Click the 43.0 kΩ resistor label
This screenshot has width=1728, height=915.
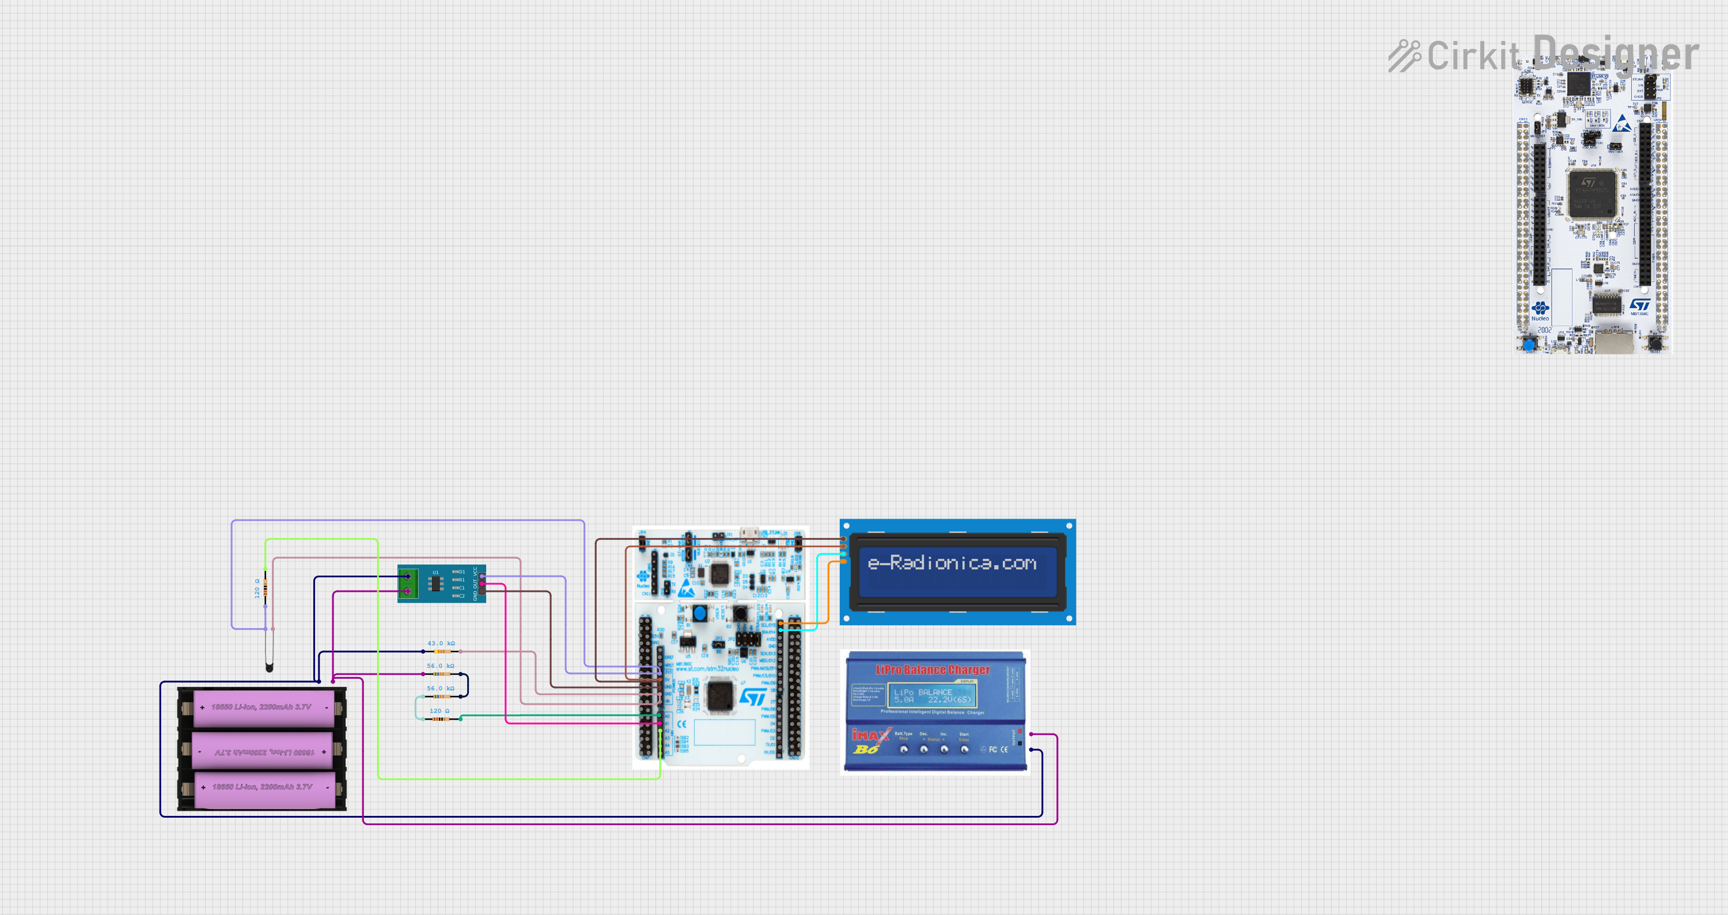pos(441,643)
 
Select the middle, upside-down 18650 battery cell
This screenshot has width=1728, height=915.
pos(262,751)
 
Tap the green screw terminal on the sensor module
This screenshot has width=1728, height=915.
pos(407,584)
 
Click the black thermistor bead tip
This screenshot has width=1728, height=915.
pos(270,667)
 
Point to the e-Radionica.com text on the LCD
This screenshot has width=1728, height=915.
pos(952,563)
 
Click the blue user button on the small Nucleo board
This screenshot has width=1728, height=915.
pos(700,612)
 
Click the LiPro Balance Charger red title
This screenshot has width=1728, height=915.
pos(933,670)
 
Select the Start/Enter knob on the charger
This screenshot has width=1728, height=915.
pos(964,749)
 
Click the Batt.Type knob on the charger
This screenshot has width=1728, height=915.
pos(904,749)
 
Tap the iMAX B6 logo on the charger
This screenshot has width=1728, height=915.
pos(869,741)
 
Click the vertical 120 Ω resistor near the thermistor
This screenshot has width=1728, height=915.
pos(266,588)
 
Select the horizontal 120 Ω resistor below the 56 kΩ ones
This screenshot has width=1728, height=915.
pos(441,719)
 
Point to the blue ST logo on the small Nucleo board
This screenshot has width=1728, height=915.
pos(753,697)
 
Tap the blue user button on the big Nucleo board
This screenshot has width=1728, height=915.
pos(1529,345)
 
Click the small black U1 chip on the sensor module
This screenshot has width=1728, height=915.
pos(435,584)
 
